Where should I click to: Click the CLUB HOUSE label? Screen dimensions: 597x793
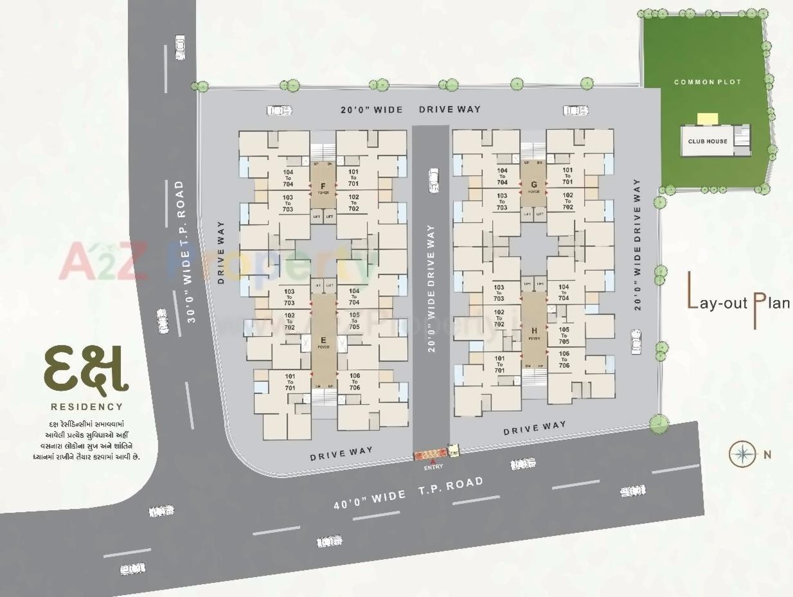pyautogui.click(x=708, y=141)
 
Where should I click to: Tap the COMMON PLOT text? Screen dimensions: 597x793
pyautogui.click(x=708, y=82)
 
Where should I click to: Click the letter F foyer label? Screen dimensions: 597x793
pyautogui.click(x=323, y=186)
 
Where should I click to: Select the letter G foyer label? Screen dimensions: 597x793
pyautogui.click(x=533, y=184)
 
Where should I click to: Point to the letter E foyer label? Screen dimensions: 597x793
pyautogui.click(x=323, y=340)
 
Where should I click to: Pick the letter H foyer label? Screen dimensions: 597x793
pyautogui.click(x=534, y=331)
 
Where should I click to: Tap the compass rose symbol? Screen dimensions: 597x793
pyautogui.click(x=743, y=454)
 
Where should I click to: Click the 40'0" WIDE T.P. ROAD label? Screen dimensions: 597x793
pyautogui.click(x=407, y=494)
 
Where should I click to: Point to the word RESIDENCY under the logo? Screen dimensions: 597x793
pyautogui.click(x=86, y=407)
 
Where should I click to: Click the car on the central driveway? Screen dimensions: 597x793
pyautogui.click(x=434, y=180)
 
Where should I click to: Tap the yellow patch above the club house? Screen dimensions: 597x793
pyautogui.click(x=708, y=119)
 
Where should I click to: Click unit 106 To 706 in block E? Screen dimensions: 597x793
pyautogui.click(x=354, y=382)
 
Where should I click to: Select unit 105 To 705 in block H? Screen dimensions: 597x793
pyautogui.click(x=564, y=335)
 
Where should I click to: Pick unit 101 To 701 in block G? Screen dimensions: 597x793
pyautogui.click(x=567, y=177)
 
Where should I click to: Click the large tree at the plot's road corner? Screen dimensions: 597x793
pyautogui.click(x=659, y=423)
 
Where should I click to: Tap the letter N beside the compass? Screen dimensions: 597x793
pyautogui.click(x=767, y=455)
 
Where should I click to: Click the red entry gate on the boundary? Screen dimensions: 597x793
pyautogui.click(x=429, y=455)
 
